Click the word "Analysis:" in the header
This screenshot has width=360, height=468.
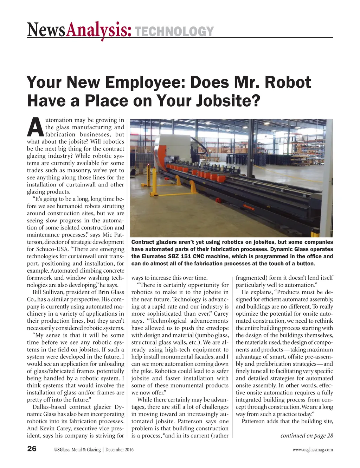click(99, 30)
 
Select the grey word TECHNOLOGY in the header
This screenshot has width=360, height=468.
click(174, 32)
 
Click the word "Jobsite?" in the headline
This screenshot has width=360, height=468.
click(227, 101)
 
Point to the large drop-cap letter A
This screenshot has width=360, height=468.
click(35, 128)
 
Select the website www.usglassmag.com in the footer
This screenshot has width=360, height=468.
click(313, 449)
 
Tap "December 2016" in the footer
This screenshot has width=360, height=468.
click(119, 449)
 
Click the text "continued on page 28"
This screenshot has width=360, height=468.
click(307, 436)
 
